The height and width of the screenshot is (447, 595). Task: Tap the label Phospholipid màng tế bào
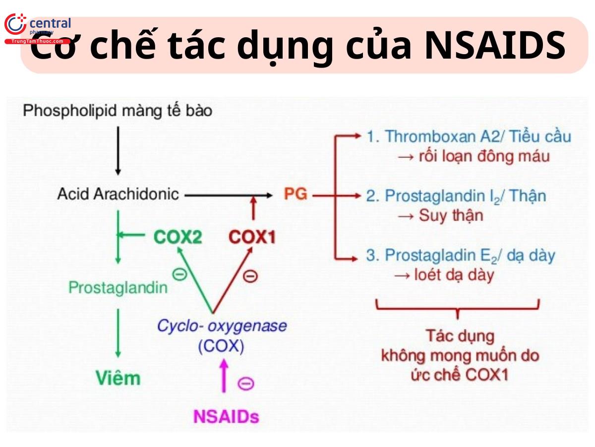pos(118,110)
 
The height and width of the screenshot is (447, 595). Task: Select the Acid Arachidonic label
pos(118,194)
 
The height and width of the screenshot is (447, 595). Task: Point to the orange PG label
pos(296,194)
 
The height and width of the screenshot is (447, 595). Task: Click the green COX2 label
pos(178,237)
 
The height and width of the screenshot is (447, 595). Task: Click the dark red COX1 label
pos(252,237)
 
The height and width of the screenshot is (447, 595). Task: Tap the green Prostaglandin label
pos(118,287)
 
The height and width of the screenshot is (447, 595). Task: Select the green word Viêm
pos(118,378)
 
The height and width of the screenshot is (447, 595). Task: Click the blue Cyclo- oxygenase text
pos(222,326)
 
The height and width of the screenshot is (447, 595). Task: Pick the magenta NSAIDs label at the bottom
pos(226,416)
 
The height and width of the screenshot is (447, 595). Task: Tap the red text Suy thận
pos(451,216)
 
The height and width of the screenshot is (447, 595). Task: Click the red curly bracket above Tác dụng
pos(457,308)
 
